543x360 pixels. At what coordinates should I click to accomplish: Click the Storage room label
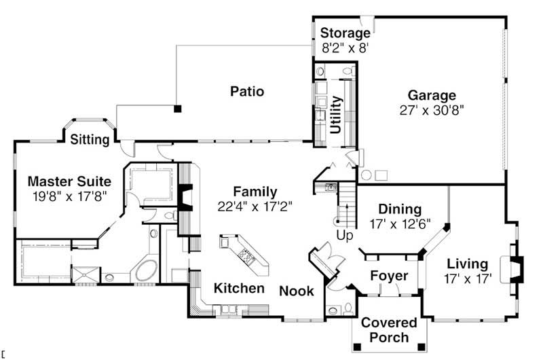(x=345, y=33)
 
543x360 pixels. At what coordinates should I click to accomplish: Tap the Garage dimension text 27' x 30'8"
(x=432, y=109)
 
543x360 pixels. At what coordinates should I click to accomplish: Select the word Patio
(x=246, y=91)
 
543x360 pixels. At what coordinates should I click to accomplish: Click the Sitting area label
(x=90, y=140)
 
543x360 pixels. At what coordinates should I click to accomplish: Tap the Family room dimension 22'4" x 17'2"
(x=255, y=206)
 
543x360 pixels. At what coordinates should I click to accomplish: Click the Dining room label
(x=400, y=209)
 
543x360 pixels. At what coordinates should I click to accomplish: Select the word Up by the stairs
(x=344, y=235)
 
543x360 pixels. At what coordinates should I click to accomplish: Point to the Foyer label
(x=389, y=276)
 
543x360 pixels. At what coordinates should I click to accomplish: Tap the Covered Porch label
(x=384, y=331)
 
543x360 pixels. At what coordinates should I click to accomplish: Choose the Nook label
(x=297, y=291)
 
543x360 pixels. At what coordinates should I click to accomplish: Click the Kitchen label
(x=239, y=289)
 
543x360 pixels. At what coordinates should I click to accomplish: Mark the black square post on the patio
(x=177, y=107)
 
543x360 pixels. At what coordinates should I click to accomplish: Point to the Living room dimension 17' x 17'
(x=468, y=278)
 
